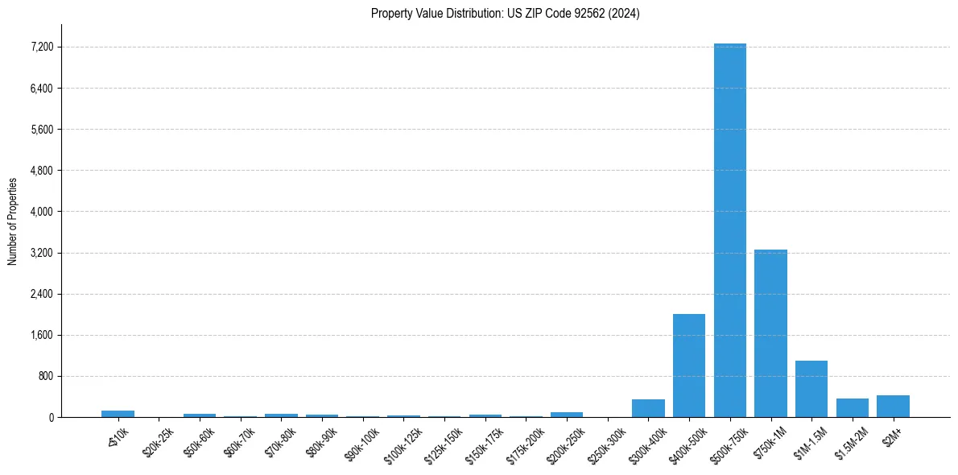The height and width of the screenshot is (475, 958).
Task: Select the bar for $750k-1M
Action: [770, 333]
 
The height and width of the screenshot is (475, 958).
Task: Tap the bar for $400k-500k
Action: [689, 366]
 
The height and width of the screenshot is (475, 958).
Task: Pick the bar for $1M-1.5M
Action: [811, 389]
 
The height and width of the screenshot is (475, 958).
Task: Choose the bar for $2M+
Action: [893, 407]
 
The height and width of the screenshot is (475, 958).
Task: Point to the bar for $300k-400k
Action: [648, 408]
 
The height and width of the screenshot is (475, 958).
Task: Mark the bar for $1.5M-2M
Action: [853, 408]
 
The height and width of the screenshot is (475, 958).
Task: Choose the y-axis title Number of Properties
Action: [12, 221]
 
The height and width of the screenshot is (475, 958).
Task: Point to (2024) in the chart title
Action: [625, 14]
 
